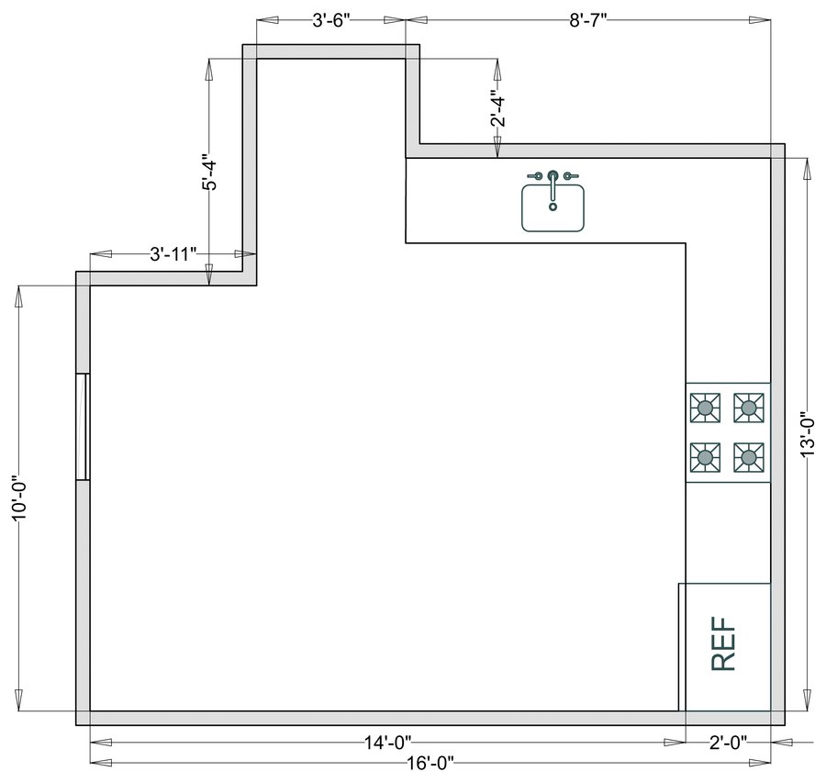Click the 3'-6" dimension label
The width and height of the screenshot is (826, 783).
pyautogui.click(x=330, y=20)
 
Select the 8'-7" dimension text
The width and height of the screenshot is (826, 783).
pyautogui.click(x=588, y=20)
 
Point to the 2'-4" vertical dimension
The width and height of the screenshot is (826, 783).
pyautogui.click(x=497, y=108)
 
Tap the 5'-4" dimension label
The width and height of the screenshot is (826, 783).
pyautogui.click(x=209, y=172)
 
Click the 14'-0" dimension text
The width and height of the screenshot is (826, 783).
pyautogui.click(x=387, y=742)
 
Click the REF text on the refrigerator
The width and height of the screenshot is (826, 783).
pyautogui.click(x=724, y=646)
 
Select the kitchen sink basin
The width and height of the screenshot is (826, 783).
pyautogui.click(x=553, y=209)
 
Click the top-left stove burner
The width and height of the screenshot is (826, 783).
pyautogui.click(x=705, y=408)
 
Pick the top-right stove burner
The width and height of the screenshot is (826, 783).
pyautogui.click(x=750, y=408)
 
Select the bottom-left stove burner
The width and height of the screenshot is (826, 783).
pyautogui.click(x=705, y=455)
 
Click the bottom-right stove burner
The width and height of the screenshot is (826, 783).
pyautogui.click(x=750, y=455)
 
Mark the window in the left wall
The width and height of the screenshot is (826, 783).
pyautogui.click(x=83, y=427)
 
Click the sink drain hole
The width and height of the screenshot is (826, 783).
pyautogui.click(x=553, y=207)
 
